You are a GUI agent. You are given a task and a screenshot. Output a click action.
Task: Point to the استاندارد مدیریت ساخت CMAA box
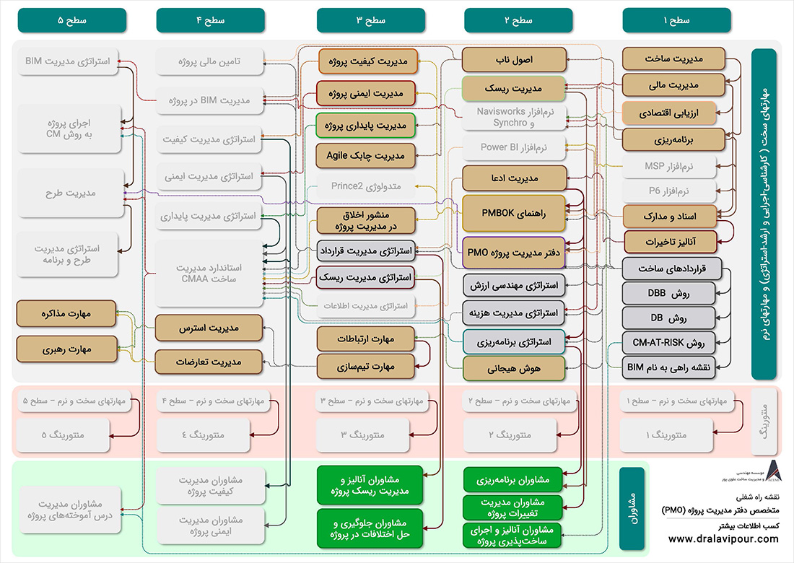pos(209,274)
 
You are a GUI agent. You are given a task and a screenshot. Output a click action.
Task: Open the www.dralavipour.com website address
pos(723,539)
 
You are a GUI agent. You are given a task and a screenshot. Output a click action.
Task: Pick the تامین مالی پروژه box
pos(209,62)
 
